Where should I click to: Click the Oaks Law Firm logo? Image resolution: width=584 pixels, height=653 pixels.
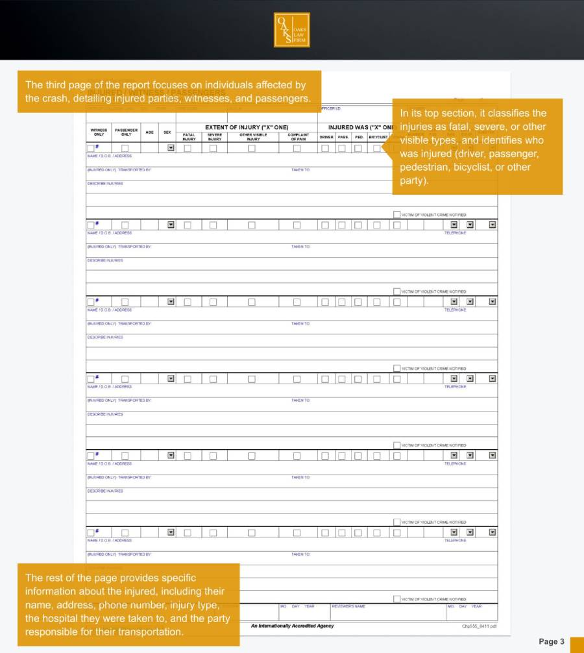coord(291,30)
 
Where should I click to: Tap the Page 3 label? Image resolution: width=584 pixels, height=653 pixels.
coord(551,641)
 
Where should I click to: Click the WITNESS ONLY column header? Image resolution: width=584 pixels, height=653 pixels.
coord(99,132)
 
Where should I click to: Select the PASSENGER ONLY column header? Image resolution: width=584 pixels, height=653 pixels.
coord(126,132)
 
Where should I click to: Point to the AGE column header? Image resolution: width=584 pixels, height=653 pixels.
coord(150,132)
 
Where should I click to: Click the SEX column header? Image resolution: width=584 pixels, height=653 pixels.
coord(167,132)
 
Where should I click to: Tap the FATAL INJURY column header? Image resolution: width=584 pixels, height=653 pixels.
coord(189,137)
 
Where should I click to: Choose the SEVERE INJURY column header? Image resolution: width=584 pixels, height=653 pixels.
coord(215,137)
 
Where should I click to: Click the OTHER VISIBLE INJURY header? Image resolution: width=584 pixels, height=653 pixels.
coord(253,137)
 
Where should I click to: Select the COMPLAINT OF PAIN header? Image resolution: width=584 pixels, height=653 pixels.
coord(298,137)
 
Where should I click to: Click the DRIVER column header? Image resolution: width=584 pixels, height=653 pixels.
coord(326,137)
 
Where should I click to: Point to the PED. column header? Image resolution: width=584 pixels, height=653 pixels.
coord(359,137)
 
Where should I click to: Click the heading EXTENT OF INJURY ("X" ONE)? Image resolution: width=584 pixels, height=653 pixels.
coord(247,127)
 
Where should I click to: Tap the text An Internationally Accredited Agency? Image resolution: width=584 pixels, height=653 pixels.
coord(292,626)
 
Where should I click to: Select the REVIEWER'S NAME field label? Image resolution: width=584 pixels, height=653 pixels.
coord(348,606)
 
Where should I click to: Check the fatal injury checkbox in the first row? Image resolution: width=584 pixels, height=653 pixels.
coord(188,148)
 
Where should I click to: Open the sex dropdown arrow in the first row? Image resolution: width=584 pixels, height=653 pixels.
coord(171,148)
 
